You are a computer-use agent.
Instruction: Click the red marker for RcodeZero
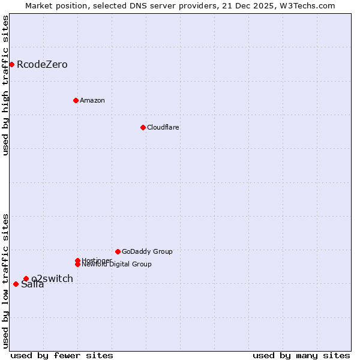tap(11, 64)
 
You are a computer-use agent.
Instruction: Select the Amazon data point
tap(76, 100)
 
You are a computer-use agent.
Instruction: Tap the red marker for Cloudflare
tap(143, 127)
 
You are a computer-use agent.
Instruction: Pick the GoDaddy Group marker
tap(118, 251)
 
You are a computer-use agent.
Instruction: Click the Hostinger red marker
tap(77, 260)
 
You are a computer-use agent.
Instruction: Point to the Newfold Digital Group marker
tap(77, 264)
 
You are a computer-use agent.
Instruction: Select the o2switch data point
tap(26, 278)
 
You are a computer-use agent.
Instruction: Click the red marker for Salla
tap(16, 284)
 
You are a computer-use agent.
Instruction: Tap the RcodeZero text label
tap(42, 64)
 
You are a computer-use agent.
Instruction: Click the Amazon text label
tap(92, 100)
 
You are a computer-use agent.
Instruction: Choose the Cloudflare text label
tap(163, 127)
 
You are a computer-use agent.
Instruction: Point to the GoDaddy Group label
tap(147, 251)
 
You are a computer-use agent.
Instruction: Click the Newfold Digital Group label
tap(116, 265)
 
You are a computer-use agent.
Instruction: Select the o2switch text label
tap(52, 278)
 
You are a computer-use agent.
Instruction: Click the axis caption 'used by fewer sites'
tap(62, 355)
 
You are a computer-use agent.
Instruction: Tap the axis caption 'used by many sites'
tap(301, 355)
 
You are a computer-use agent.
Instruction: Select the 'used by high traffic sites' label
tap(6, 85)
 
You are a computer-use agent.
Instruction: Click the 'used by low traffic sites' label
tap(6, 281)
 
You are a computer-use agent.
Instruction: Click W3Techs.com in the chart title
tap(310, 5)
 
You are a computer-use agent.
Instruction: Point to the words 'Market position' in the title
tap(52, 5)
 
